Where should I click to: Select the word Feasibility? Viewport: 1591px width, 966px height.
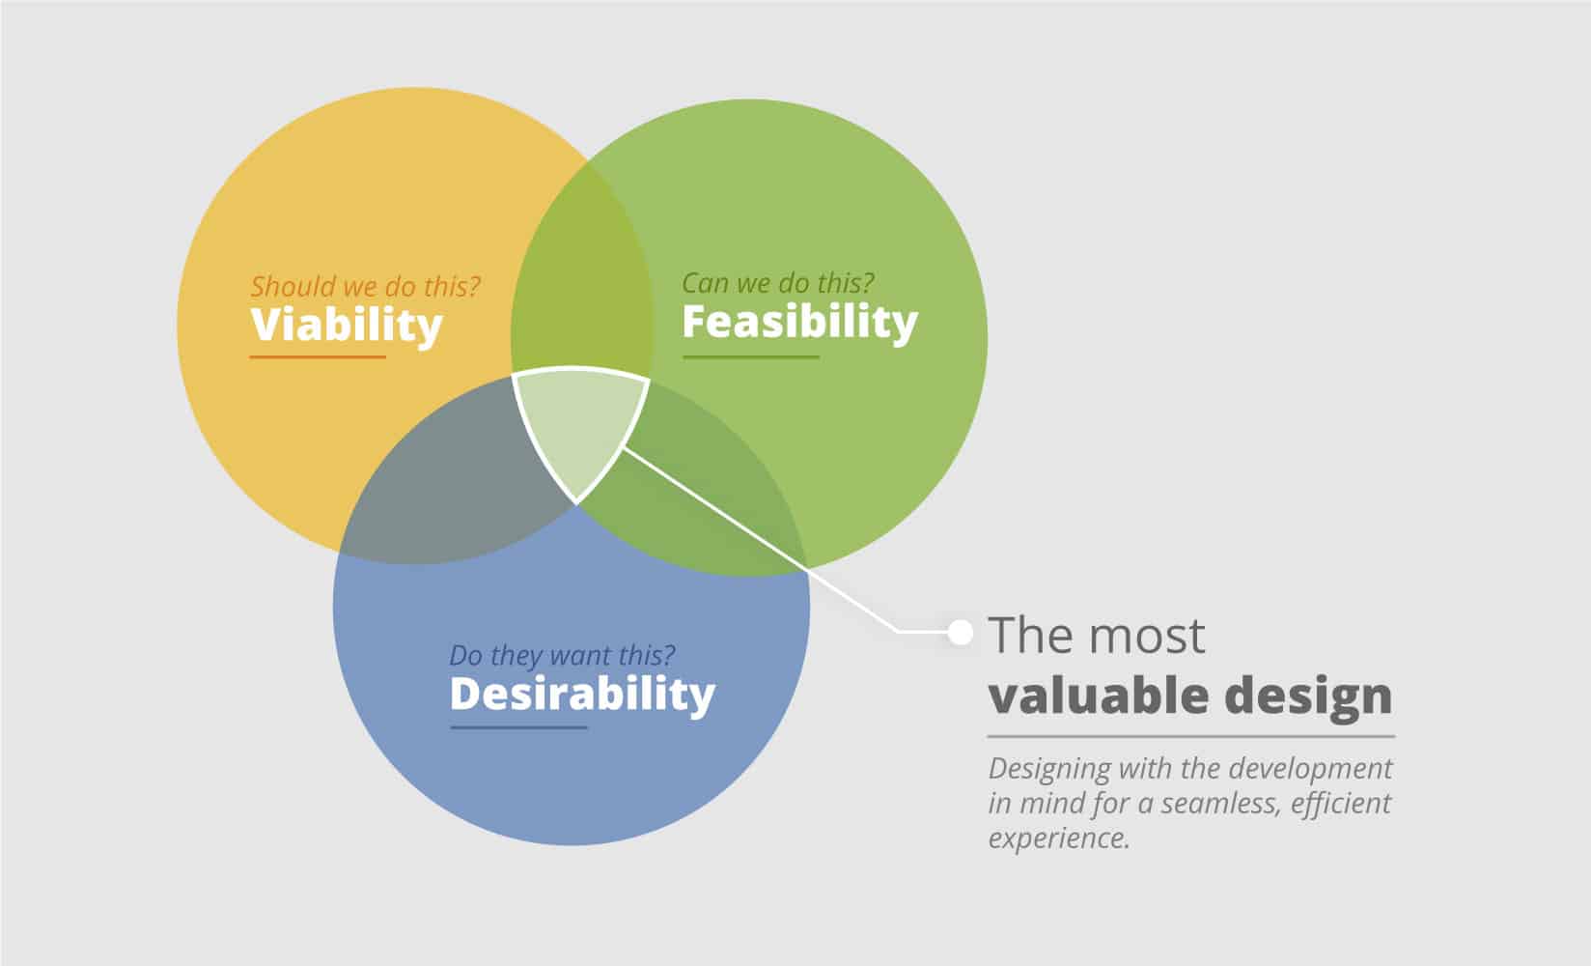point(799,323)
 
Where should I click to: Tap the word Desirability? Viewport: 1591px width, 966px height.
point(582,693)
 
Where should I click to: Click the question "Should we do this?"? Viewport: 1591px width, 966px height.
point(365,287)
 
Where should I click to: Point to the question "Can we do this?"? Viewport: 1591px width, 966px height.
point(778,283)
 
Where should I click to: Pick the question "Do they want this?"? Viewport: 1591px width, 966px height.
point(562,655)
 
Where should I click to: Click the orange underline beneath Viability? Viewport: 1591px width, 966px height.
point(318,356)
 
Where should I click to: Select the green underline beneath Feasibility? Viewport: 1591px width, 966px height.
point(751,356)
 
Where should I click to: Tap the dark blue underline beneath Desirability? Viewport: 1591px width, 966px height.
point(518,727)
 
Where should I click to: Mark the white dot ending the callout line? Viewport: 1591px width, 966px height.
point(961,632)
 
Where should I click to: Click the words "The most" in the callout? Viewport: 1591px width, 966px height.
point(1096,635)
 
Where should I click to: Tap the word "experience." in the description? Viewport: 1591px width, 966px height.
point(1059,839)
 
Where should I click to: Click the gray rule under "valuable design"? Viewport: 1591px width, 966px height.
point(1191,736)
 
